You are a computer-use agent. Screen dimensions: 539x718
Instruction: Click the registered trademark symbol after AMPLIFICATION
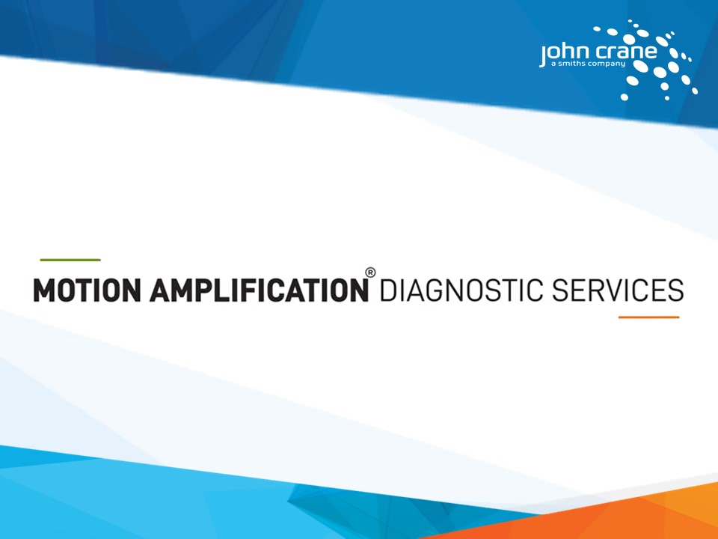pos(369,273)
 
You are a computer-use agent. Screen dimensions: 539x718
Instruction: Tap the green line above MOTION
pos(70,259)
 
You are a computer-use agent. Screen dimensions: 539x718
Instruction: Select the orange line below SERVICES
pos(648,317)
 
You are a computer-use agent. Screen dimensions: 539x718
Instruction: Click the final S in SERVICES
pos(675,290)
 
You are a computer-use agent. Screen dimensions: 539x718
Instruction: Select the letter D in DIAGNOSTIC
pos(387,290)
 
